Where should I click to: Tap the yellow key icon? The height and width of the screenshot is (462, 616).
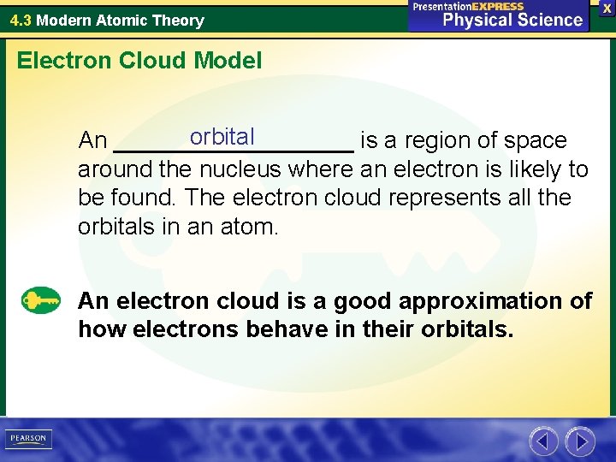[x=41, y=301]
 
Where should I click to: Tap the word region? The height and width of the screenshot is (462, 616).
[x=437, y=140]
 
